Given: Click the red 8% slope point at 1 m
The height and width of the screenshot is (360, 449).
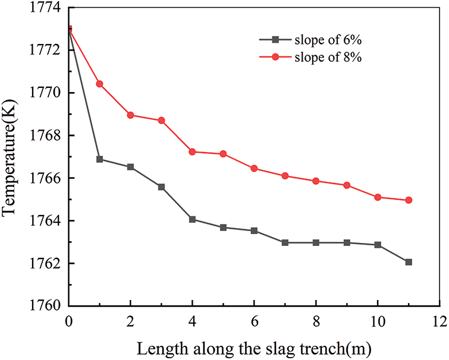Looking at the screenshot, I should [100, 84].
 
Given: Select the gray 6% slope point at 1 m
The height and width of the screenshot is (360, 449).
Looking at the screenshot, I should [100, 159].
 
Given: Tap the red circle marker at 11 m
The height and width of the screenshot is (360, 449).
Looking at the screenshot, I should [409, 200].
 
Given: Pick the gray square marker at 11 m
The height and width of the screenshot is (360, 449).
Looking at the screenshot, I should [409, 262].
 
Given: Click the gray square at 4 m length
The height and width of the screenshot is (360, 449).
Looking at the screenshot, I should [193, 219].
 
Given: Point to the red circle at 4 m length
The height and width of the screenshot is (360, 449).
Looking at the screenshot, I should [193, 151].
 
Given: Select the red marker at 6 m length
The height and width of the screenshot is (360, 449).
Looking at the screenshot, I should [254, 168].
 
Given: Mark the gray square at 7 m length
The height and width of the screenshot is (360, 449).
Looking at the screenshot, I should [285, 242].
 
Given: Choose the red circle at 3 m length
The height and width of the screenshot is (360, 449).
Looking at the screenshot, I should [162, 121].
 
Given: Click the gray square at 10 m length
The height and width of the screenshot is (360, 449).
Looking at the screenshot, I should [378, 245].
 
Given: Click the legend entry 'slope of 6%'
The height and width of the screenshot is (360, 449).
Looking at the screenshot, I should [321, 40].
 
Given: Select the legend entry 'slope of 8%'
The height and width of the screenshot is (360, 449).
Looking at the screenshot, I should [321, 58].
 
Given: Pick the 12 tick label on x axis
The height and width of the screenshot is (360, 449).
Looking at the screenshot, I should [439, 320].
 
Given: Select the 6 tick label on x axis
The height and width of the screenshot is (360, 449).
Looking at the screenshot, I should [254, 320].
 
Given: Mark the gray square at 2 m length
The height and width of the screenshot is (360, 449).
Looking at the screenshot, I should [131, 167].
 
